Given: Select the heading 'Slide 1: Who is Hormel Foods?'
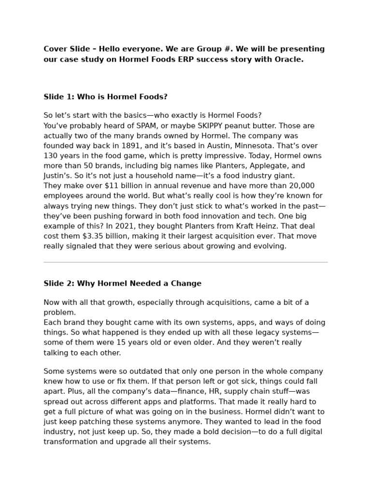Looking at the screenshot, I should (105, 97).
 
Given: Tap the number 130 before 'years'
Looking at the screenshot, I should (51, 156).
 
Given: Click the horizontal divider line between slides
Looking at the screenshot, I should (185, 262).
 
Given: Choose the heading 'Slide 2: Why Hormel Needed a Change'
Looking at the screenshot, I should (122, 284).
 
